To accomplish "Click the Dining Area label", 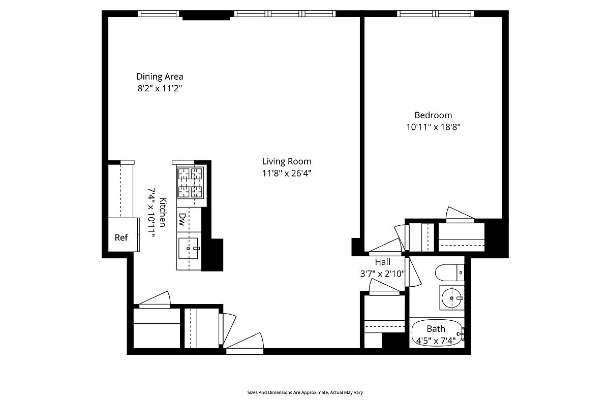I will coord(160,77).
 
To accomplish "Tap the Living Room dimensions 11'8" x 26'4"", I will coord(286,173).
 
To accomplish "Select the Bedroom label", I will coord(433,115).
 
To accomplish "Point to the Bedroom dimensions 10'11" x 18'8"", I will coord(433,127).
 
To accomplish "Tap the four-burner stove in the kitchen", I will coord(190,183).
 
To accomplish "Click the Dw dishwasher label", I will coord(182,219).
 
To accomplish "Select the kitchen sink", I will coord(189,248).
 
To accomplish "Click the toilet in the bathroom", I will coord(450,273).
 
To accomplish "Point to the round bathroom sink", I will coord(451,297).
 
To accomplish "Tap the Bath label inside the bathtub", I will coord(436,329).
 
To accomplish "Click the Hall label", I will coord(382,262).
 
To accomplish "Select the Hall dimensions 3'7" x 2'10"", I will coord(382,274).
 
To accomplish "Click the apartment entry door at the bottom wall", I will coord(245,344).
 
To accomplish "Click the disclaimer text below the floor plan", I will coord(305,392).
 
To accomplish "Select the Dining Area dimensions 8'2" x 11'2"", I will coord(160,88).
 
